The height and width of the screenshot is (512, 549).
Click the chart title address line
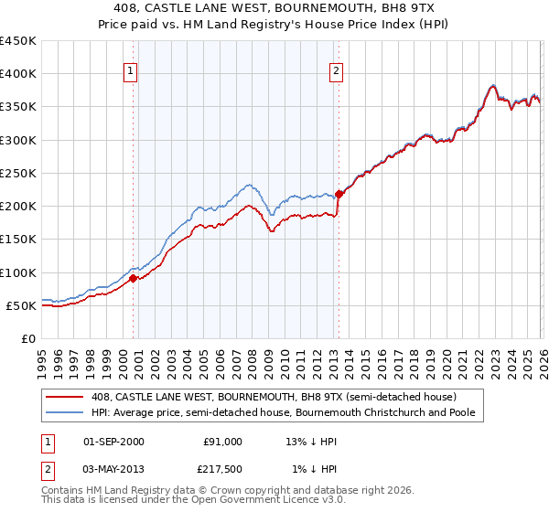(x=274, y=8)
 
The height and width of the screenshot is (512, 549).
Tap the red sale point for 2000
(x=134, y=278)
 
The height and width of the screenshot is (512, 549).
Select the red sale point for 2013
(x=339, y=194)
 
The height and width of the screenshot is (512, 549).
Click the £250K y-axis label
(x=18, y=173)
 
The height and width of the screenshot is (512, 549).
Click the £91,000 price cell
(x=222, y=442)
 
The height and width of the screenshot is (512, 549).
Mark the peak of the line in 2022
(x=492, y=86)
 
